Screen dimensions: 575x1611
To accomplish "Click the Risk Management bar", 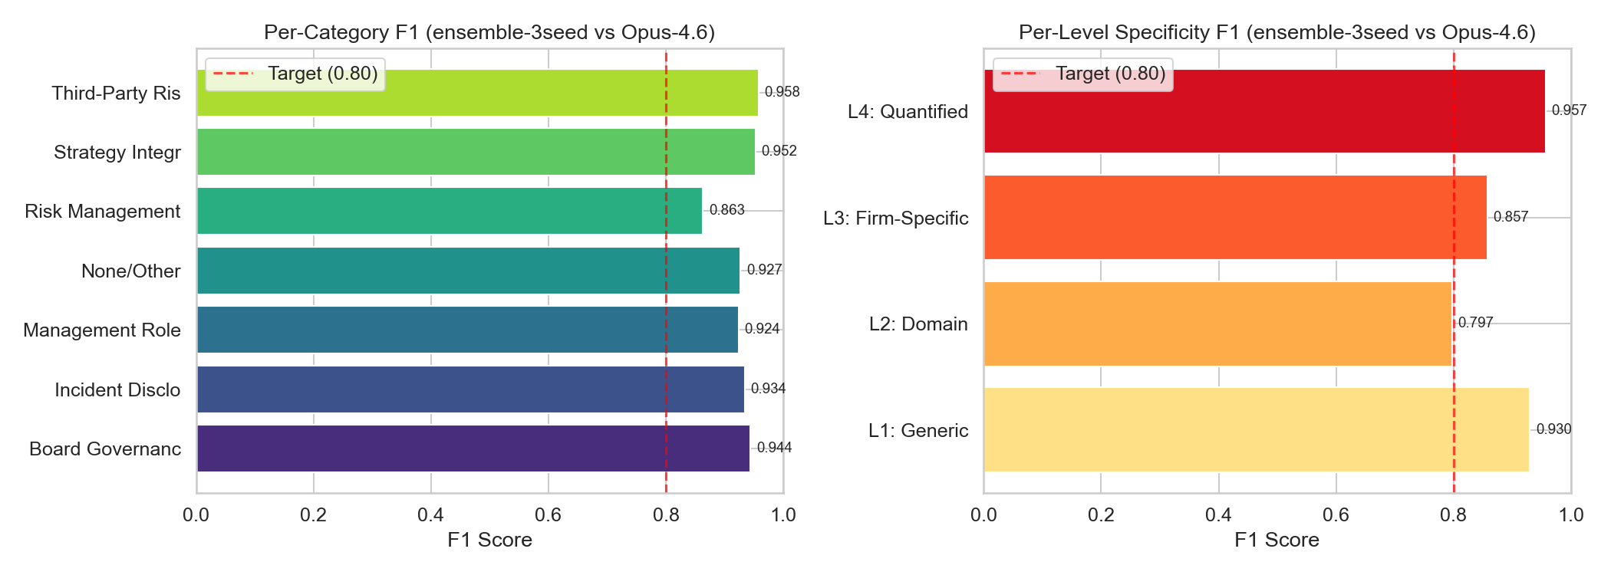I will click(x=449, y=211).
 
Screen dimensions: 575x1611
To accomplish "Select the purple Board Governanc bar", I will click(x=473, y=449).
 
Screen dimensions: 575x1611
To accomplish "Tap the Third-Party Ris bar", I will click(x=477, y=93).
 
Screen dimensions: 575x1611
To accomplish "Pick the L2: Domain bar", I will click(x=1217, y=324).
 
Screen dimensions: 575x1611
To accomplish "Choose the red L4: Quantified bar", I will click(x=1264, y=111).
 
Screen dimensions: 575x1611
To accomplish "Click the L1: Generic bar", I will click(x=1256, y=429).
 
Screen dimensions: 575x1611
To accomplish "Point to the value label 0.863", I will click(x=726, y=210).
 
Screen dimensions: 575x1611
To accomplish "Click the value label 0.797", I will click(x=1475, y=323).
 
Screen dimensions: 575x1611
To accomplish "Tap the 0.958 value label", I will click(x=782, y=92).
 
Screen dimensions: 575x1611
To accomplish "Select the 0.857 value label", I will click(x=1511, y=217).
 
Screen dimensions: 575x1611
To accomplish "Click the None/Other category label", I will click(x=130, y=271).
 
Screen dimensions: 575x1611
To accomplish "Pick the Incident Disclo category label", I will click(x=117, y=389).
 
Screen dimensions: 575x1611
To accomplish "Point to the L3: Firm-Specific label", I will click(x=895, y=218).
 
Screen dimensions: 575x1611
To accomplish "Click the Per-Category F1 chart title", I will click(x=489, y=32).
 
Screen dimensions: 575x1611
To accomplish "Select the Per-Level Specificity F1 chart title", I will click(x=1277, y=32).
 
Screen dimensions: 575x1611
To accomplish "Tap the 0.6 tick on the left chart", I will click(x=549, y=514).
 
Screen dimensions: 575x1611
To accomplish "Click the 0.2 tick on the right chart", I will click(x=1101, y=514).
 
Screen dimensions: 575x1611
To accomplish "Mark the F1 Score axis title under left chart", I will click(x=489, y=540).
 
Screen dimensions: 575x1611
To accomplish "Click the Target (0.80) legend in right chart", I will click(x=1082, y=74).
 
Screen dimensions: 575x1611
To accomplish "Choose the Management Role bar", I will click(x=467, y=330).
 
